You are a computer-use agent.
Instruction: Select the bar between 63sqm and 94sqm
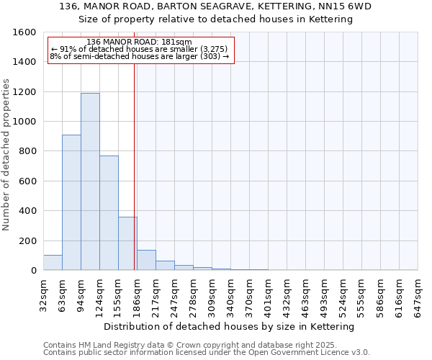(x=71, y=202)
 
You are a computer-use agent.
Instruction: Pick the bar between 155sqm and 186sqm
(x=127, y=243)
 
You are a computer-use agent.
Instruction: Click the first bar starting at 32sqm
(x=53, y=263)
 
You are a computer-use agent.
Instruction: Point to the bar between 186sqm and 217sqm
(x=146, y=260)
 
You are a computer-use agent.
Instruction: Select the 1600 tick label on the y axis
(x=24, y=32)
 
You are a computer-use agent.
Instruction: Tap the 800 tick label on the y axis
(x=27, y=151)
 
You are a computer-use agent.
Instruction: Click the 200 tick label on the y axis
(x=27, y=240)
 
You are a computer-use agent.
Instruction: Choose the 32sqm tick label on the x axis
(x=43, y=294)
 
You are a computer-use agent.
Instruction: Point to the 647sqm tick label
(x=418, y=294)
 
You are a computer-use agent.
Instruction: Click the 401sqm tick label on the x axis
(x=268, y=294)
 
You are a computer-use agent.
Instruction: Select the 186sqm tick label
(x=137, y=294)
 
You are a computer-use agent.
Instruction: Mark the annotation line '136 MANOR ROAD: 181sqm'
(x=138, y=42)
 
